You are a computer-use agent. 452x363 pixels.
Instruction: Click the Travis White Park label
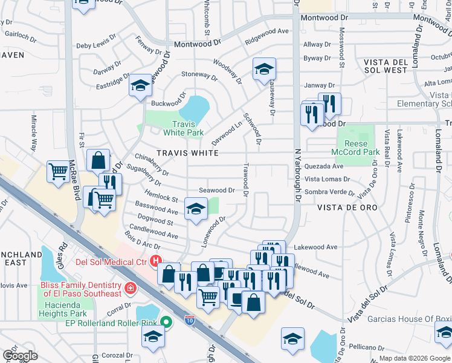point(184,128)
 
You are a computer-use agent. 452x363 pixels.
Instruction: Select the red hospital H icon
point(155,262)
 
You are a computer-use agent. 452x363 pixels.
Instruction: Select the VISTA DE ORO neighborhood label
point(347,208)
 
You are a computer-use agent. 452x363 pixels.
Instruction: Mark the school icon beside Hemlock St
point(195,208)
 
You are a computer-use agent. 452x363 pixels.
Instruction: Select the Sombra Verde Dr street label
point(329,192)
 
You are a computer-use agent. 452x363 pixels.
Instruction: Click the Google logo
point(21,356)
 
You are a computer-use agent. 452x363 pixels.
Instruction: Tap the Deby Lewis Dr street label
point(95,46)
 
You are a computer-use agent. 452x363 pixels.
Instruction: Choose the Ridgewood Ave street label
point(267,31)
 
